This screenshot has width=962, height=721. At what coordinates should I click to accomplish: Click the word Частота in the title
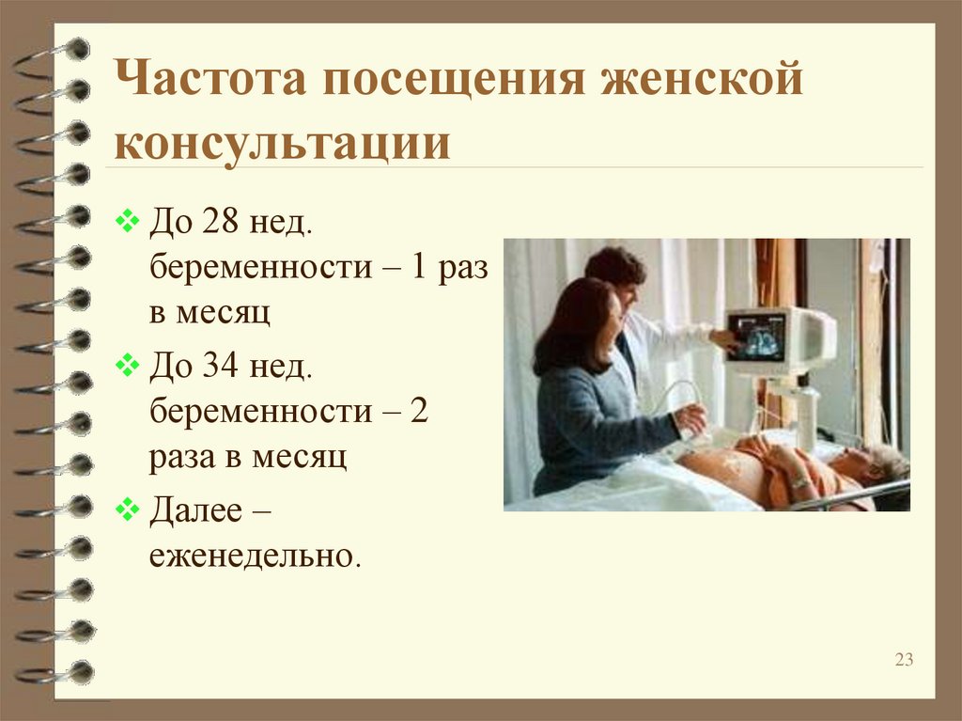pos(209,78)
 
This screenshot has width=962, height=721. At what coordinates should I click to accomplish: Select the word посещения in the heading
pos(454,79)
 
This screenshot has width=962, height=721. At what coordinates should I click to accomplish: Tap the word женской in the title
pos(702,78)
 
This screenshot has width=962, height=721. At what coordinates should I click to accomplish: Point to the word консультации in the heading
pos(282,145)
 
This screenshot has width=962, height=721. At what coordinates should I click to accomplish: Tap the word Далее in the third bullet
pos(195,509)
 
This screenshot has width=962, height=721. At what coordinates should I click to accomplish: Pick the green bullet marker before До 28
pos(127,221)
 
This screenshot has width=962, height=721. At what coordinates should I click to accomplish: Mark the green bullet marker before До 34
pos(127,366)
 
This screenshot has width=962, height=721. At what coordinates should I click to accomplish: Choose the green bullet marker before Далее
pos(127,509)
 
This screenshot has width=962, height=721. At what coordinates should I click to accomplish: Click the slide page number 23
pos(904,660)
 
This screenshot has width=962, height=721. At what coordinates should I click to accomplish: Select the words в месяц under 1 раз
pos(209,313)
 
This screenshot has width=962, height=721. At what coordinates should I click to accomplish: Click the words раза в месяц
pos(248,457)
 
